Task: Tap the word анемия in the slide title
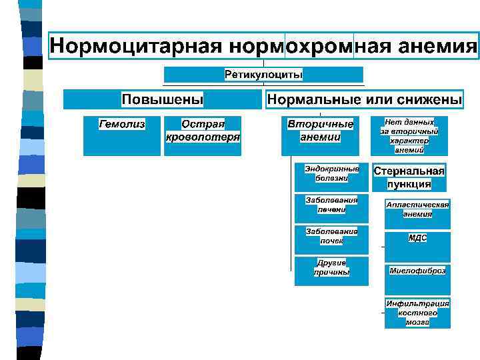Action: point(437,47)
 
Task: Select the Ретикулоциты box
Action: point(263,74)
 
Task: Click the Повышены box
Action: point(162,100)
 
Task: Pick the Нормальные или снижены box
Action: point(364,100)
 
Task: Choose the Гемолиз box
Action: point(122,136)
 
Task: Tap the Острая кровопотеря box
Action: point(203,136)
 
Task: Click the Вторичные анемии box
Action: point(320,136)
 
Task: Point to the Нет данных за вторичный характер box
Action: point(409,136)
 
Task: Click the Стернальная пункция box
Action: point(409,178)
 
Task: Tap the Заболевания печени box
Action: point(331,207)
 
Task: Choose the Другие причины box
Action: point(331,271)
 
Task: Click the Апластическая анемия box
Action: point(418,212)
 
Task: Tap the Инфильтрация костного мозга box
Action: point(418,312)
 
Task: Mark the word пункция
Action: point(409,185)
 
